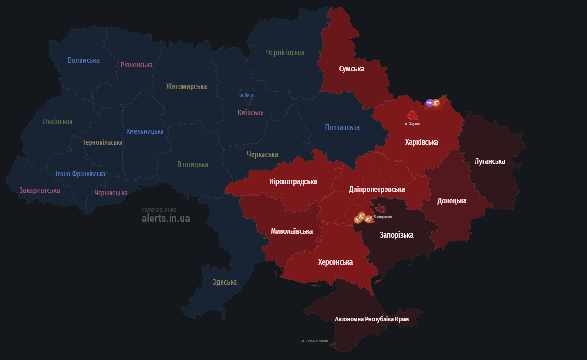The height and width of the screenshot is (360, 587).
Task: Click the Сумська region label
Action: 352,69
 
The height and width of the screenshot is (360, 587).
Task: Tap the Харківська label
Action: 421,142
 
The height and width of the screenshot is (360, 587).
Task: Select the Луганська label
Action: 489,161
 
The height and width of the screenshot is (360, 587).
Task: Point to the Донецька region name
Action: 452,201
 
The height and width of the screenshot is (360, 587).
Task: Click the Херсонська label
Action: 335,262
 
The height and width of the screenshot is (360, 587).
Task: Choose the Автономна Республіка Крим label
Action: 372,319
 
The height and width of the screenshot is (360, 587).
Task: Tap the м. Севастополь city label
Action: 314,341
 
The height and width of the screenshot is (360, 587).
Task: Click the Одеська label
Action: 224,282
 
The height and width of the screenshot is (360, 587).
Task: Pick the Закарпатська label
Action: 40,190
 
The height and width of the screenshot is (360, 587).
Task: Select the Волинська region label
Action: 83,60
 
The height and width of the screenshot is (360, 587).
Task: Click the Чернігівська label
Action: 285,53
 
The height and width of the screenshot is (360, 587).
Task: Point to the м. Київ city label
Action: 246,95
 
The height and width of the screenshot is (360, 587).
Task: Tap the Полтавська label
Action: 342,128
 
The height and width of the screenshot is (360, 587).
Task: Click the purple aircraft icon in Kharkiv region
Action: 429,102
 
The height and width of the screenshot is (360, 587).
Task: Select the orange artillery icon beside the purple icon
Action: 436,102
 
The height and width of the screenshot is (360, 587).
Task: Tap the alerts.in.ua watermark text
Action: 165,219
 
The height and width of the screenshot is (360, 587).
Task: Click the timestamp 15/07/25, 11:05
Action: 159,210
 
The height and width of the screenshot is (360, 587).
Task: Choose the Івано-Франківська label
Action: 80,174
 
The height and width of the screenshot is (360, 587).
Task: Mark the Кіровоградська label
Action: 293,182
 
